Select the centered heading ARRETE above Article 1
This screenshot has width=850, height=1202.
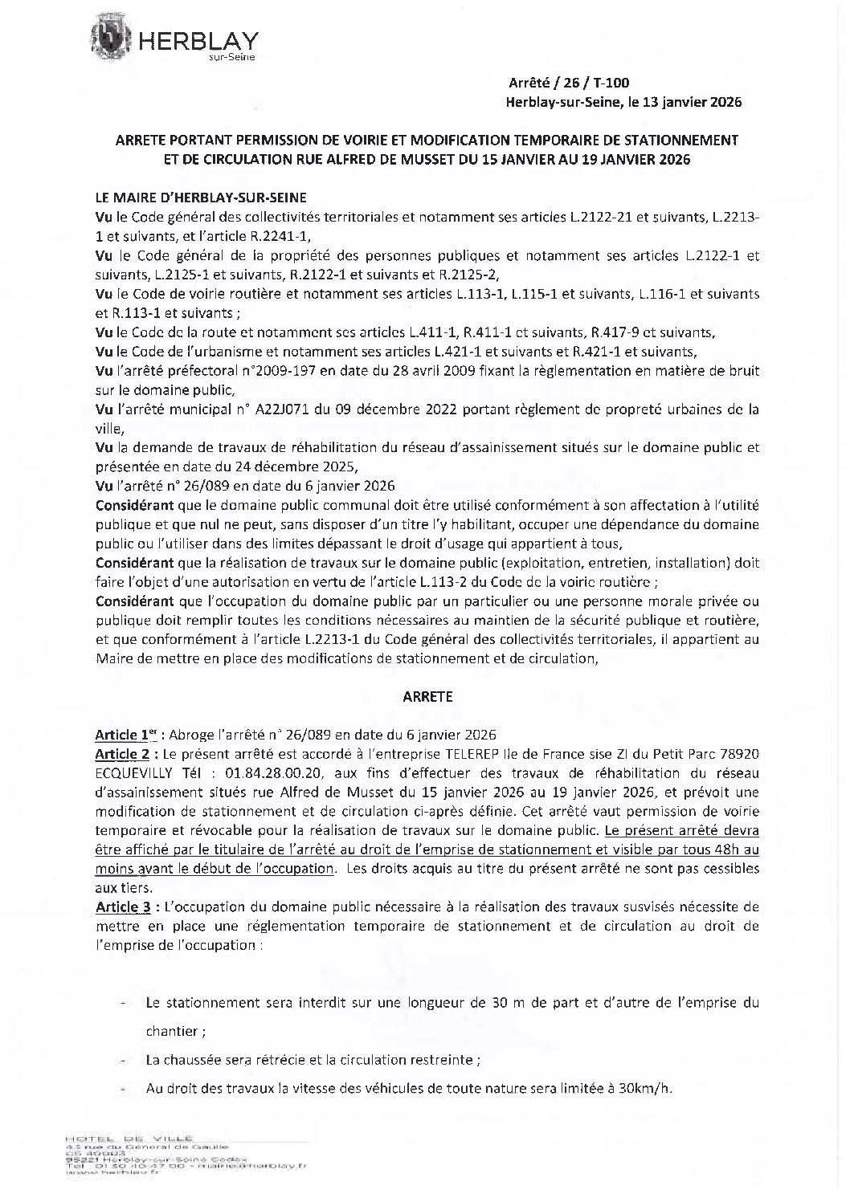[427, 696]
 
